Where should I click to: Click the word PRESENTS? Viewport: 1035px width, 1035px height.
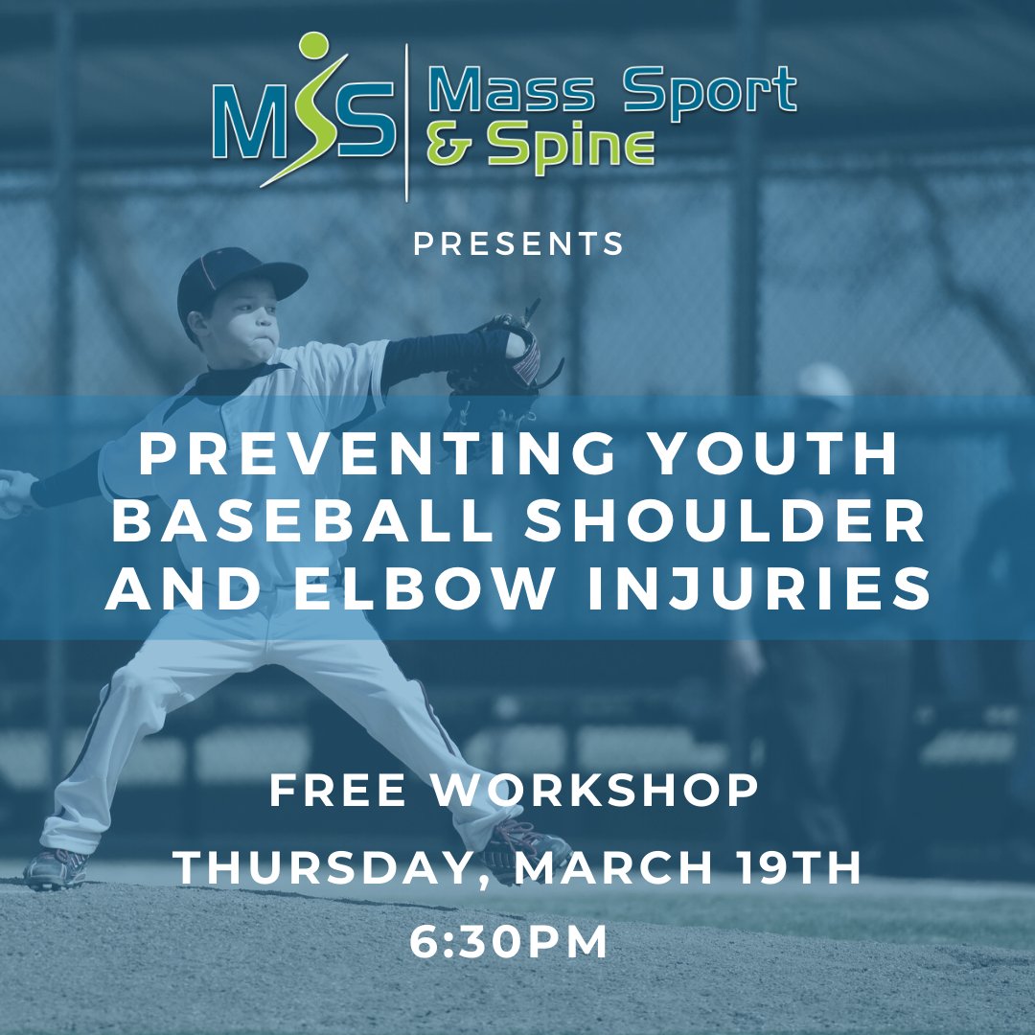518,243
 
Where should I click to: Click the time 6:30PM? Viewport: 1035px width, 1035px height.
509,942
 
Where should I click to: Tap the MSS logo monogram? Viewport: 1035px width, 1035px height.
302,120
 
